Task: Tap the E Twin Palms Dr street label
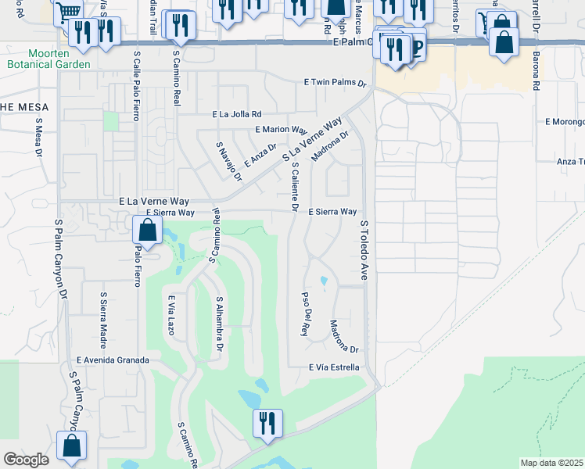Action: click(x=335, y=82)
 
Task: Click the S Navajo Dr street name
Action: click(x=226, y=160)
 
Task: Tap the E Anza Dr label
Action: click(x=260, y=154)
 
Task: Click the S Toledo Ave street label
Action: click(x=364, y=249)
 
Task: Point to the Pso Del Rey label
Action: click(x=305, y=314)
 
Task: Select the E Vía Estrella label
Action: click(x=334, y=367)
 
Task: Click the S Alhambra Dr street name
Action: click(x=220, y=323)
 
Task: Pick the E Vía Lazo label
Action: click(x=170, y=315)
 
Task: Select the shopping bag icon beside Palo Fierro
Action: click(x=147, y=231)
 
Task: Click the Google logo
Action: click(x=27, y=460)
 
